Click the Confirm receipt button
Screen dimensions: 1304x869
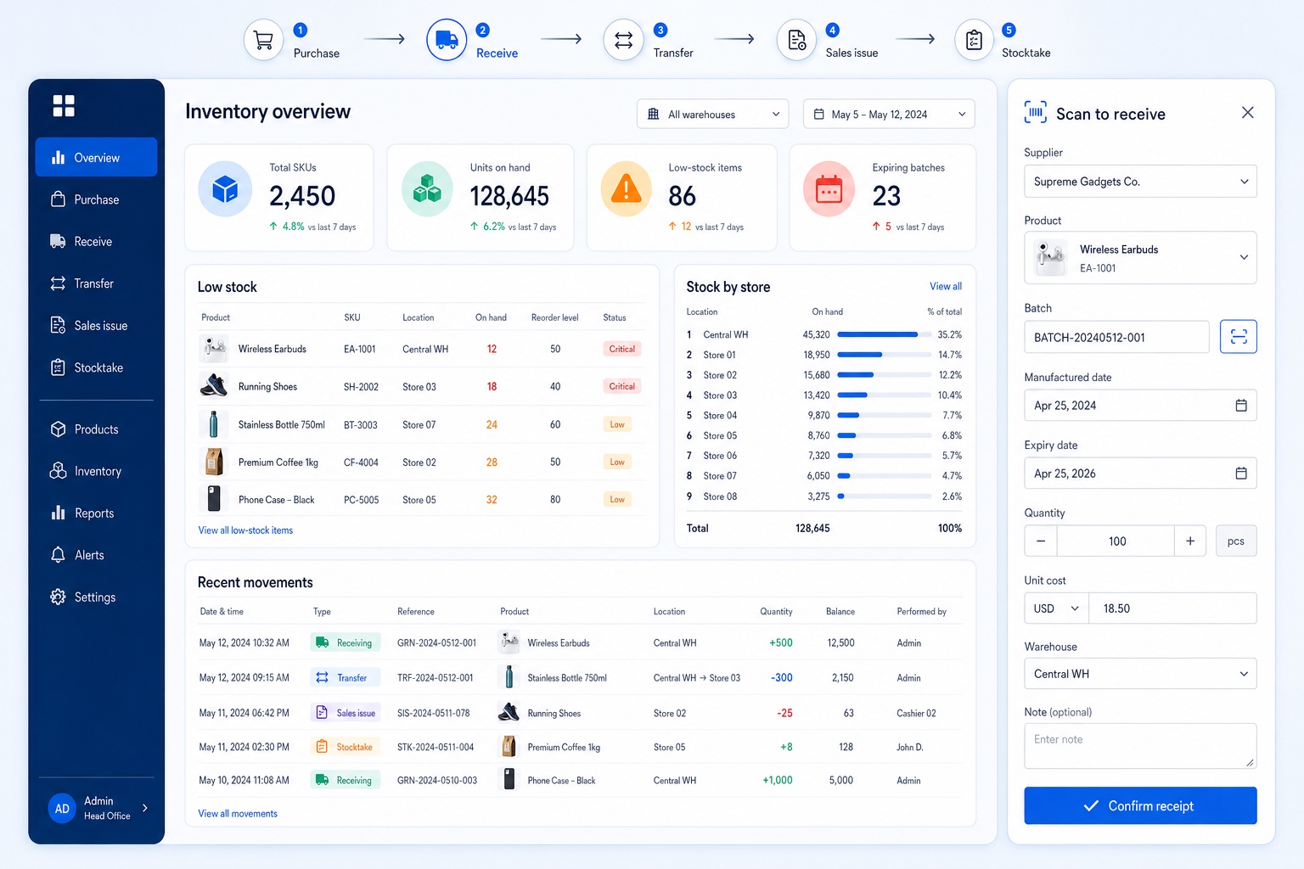[1140, 805]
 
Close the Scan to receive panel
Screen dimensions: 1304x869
[1247, 112]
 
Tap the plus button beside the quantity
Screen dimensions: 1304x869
[1190, 541]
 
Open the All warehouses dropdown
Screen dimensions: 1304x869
[712, 114]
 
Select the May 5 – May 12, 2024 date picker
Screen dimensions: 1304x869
[888, 114]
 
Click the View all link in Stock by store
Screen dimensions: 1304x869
[946, 286]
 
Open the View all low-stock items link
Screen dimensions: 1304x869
[245, 530]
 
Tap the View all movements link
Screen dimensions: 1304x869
[238, 814]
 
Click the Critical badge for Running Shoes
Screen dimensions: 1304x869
[621, 386]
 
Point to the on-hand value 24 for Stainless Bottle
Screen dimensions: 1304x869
[492, 425]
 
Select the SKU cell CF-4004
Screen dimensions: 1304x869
[361, 463]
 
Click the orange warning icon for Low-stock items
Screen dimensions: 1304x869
[626, 189]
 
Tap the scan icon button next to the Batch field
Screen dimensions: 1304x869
[1239, 336]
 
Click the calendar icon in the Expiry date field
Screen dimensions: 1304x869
[1241, 474]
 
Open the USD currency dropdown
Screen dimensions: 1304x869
[1056, 608]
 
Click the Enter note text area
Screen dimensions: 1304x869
[1140, 746]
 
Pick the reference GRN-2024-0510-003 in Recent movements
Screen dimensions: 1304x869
[436, 781]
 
